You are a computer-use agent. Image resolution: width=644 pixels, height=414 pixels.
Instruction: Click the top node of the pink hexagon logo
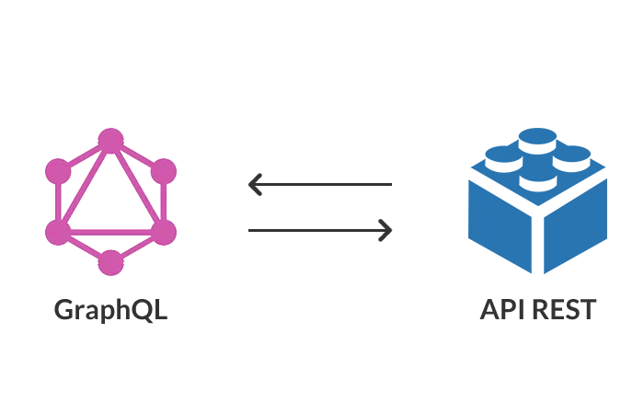point(110,141)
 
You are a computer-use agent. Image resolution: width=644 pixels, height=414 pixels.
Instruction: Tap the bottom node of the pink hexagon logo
point(110,263)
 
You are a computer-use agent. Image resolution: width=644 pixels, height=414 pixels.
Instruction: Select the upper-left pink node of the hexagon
point(58,171)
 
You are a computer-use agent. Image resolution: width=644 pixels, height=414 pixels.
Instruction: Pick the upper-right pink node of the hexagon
point(164,171)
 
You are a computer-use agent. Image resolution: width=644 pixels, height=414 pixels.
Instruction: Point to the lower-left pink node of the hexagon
point(58,233)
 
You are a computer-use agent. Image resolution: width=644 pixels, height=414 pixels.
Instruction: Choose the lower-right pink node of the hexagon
point(164,233)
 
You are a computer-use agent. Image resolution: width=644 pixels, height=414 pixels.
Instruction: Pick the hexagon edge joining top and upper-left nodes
point(84,155)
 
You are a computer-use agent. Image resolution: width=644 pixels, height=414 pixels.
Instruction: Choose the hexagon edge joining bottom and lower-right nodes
point(138,247)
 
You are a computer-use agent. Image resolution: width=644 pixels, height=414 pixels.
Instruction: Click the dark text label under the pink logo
point(110,309)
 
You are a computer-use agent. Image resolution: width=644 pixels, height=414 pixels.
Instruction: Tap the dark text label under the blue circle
point(540,309)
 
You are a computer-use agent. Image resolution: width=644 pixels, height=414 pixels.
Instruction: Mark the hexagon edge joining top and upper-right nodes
point(138,155)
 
